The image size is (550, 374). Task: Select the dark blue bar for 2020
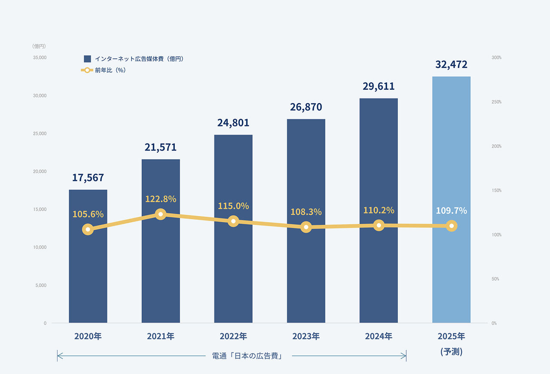point(88,275)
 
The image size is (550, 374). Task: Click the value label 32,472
point(451,64)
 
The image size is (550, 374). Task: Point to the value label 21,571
point(161,147)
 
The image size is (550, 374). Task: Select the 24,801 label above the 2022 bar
point(233,123)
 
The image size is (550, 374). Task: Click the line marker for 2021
point(161,214)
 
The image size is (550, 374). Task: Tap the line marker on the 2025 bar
point(451,226)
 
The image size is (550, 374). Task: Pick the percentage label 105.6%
point(88,214)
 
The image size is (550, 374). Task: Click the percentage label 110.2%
point(379,210)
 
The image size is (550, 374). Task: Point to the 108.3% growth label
point(306,212)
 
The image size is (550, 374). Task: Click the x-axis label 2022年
point(233,336)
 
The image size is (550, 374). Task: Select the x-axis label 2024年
point(379,336)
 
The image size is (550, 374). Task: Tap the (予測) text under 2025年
point(451,352)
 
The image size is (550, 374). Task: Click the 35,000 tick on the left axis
point(40,58)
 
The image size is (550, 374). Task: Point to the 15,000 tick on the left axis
point(40,209)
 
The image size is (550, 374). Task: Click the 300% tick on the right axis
point(497,58)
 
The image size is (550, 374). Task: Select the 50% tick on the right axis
point(495,279)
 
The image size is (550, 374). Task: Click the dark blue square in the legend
point(87,59)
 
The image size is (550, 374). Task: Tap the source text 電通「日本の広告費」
point(247,356)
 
